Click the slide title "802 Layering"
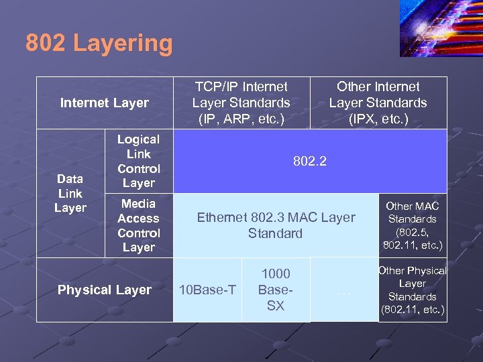[99, 44]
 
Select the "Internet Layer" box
[104, 103]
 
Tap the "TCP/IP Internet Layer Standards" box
[241, 103]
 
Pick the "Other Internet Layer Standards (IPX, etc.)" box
[378, 103]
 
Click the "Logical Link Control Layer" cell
[138, 161]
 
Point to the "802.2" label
[310, 161]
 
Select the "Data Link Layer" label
[70, 193]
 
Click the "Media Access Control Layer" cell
[138, 225]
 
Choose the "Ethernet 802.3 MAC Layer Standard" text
[275, 225]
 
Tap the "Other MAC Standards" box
[412, 225]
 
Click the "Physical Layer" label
[104, 290]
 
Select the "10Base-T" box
[209, 290]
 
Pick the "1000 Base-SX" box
[276, 290]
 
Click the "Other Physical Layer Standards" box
[412, 290]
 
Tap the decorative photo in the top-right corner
[441, 28]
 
